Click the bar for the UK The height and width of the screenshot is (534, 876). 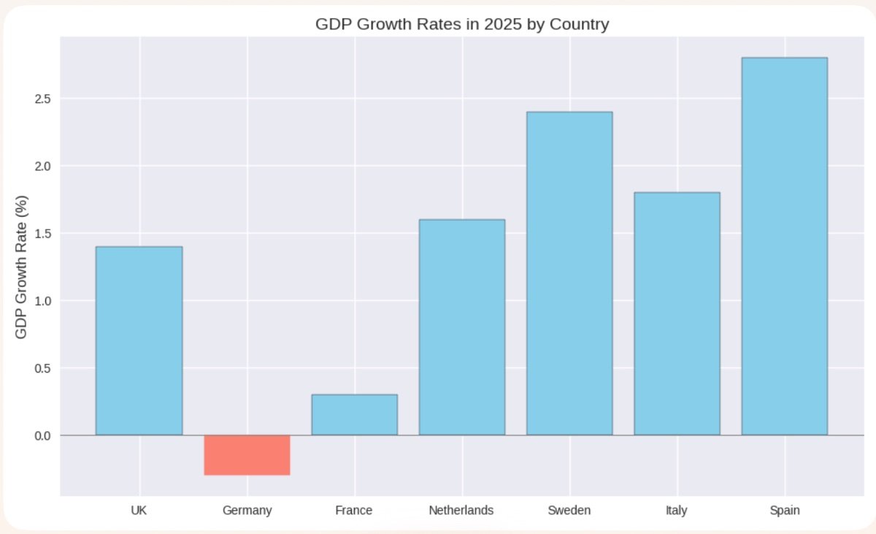click(139, 340)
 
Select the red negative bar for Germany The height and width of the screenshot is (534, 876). click(247, 454)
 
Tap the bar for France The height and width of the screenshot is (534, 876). click(354, 414)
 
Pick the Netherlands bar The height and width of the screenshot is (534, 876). click(461, 327)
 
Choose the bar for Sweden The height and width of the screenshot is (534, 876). click(569, 273)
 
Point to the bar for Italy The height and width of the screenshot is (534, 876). click(677, 313)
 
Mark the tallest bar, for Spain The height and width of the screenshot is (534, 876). click(784, 246)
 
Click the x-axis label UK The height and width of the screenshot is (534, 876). click(139, 510)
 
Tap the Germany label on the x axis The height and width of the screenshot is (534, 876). click(247, 510)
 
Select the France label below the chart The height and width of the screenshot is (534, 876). click(354, 510)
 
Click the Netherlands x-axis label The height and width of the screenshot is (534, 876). click(461, 510)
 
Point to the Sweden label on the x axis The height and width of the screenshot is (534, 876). click(569, 510)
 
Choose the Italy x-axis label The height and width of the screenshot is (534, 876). click(677, 510)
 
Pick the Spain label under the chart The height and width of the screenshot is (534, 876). click(784, 510)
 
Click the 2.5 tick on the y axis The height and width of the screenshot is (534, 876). click(42, 99)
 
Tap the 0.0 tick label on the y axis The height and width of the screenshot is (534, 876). click(42, 435)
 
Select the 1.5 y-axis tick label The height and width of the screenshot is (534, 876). click(42, 234)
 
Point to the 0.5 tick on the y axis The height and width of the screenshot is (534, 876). click(42, 368)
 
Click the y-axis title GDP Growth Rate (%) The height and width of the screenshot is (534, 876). click(21, 267)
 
